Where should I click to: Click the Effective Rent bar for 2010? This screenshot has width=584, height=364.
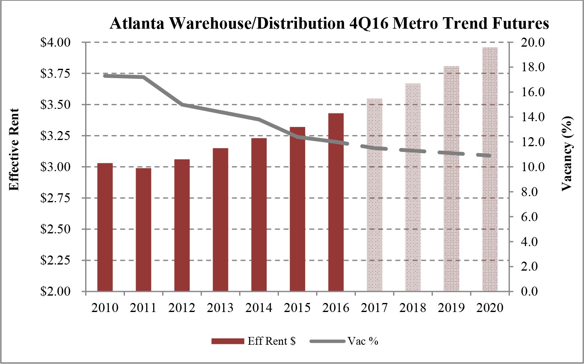coord(105,227)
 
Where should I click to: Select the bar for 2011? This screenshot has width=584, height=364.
coord(143,230)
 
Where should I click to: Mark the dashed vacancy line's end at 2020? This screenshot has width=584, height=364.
coord(489,156)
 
